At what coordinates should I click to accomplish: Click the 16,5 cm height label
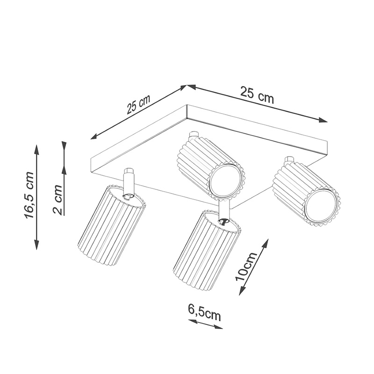29,195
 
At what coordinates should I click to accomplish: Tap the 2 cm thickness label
58,200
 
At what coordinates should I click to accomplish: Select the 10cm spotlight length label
246,266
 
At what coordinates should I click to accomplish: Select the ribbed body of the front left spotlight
112,226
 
